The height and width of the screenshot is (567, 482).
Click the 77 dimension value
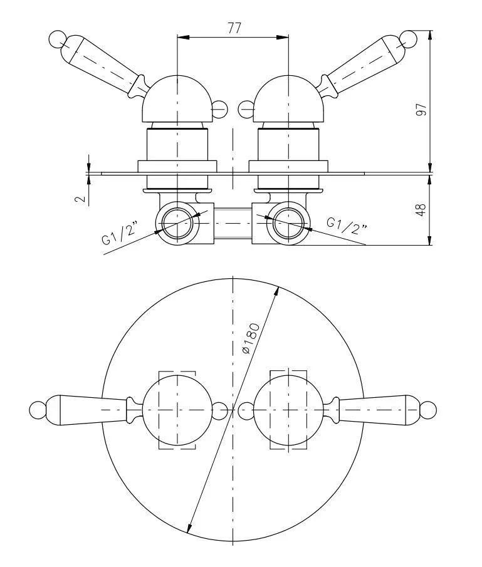click(234, 28)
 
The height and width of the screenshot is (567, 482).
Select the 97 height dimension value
click(421, 110)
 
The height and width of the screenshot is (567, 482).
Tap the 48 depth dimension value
click(421, 210)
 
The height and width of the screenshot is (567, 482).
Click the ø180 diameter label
click(251, 338)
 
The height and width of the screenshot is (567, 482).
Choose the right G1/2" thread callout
click(347, 226)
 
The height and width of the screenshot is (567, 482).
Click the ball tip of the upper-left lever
click(57, 39)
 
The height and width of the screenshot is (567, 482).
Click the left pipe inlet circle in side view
click(177, 223)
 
